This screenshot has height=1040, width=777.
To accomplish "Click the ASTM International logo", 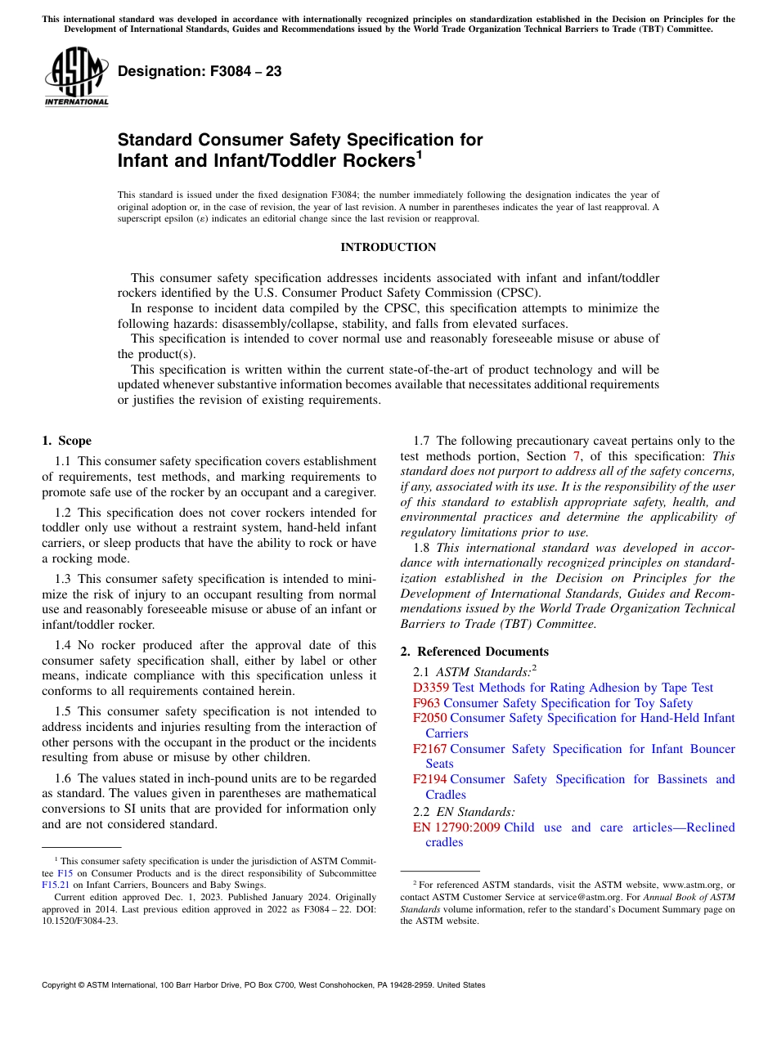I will pos(75,76).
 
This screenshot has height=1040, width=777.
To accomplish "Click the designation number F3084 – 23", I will pos(200,71).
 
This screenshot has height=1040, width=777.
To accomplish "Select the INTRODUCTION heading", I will pos(388,247).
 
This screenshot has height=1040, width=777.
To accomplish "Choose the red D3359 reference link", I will pos(431,688).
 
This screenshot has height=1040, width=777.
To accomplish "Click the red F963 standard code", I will pos(426,703).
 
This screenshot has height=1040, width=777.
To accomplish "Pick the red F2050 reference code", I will pos(429,718).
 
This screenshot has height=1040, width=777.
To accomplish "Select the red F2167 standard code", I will pos(429,749).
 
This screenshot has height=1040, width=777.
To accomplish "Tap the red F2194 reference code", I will pos(429,779).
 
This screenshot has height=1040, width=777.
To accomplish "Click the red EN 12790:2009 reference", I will pos(456,827).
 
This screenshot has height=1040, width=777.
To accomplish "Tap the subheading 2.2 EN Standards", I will pos(464,812).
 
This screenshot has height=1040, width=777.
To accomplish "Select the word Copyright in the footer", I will pos(62,985).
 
